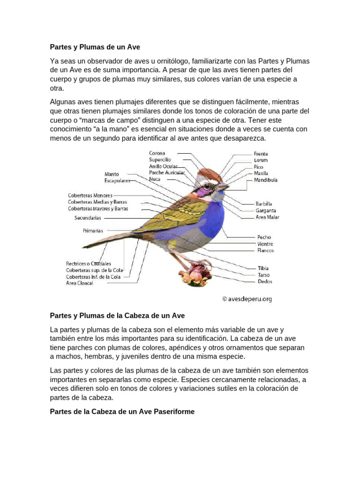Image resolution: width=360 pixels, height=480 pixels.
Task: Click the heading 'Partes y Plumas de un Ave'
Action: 95,47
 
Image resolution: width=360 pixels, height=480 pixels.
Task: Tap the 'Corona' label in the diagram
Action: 157,153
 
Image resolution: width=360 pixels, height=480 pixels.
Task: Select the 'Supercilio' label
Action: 160,160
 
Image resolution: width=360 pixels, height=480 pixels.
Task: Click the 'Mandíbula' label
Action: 265,180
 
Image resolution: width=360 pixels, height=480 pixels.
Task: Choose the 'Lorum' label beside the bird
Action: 261,160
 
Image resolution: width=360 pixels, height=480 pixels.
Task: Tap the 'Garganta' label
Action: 266,211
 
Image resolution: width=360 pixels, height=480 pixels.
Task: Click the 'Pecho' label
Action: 264,238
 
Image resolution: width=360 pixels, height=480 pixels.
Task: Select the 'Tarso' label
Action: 264,275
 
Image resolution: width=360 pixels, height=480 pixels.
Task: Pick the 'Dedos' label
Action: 265,282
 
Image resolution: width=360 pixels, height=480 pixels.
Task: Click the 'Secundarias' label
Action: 88,218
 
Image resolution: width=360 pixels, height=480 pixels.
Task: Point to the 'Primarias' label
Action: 93,231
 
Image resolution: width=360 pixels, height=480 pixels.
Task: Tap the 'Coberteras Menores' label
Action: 90,195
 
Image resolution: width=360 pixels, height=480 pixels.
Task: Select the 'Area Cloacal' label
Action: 80,283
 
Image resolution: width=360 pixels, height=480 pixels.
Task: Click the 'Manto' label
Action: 112,174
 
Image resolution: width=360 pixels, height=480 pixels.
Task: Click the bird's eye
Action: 207,186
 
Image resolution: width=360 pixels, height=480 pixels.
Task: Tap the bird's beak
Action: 223,187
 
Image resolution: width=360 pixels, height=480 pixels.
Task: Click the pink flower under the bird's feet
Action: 195,275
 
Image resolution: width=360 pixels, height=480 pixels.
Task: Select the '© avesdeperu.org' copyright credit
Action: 247,299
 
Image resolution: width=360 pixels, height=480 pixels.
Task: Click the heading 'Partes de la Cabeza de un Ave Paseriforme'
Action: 122,412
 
